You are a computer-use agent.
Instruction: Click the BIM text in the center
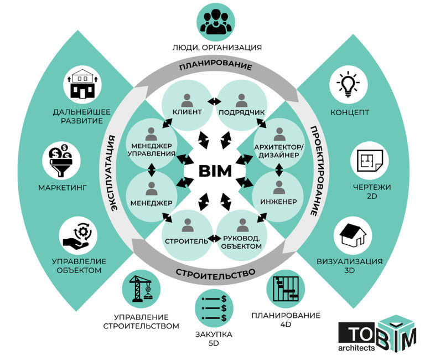[215, 171]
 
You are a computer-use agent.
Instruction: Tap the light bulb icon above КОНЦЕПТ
[348, 84]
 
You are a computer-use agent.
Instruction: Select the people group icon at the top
[216, 22]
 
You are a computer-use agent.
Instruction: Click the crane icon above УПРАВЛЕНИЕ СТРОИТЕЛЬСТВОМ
[141, 289]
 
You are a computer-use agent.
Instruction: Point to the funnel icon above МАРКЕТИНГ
[61, 160]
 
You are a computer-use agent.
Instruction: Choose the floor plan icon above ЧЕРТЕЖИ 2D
[370, 161]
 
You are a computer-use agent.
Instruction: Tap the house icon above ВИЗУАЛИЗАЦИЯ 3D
[353, 235]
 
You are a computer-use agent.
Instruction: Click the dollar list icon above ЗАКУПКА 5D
[214, 308]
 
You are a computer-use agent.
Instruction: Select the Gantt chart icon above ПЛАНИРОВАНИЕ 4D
[286, 289]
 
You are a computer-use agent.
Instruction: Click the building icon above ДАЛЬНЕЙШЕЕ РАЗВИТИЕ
[82, 83]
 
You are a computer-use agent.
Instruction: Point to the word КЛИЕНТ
[187, 112]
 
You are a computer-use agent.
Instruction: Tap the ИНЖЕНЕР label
[279, 202]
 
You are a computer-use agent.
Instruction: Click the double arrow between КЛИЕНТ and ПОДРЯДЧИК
[214, 101]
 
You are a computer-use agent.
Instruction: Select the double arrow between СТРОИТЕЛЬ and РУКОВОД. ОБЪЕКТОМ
[214, 239]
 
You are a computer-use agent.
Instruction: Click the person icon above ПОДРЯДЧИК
[241, 100]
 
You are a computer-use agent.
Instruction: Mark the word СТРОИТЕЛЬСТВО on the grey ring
[215, 274]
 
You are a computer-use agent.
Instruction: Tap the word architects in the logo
[356, 348]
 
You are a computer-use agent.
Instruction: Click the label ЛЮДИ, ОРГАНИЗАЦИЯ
[217, 48]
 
